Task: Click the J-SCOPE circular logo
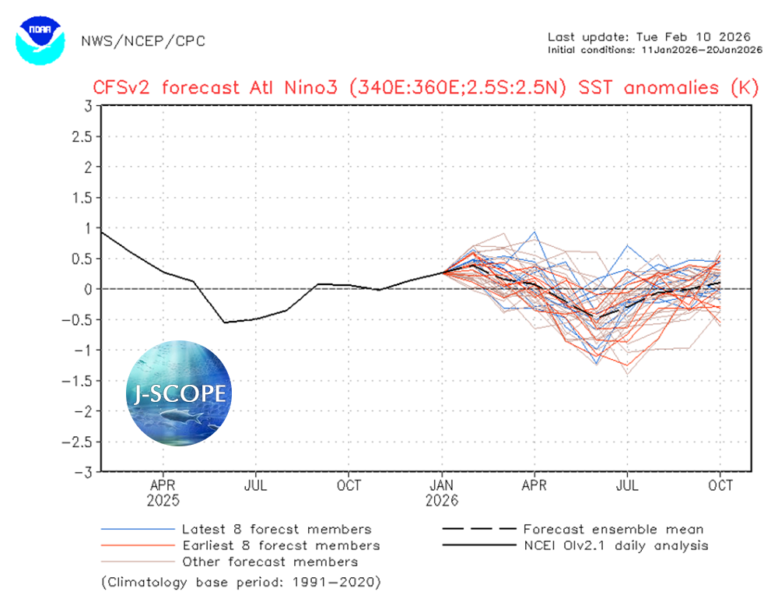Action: click(180, 392)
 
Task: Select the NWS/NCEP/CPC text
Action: click(143, 41)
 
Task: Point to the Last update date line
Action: click(648, 37)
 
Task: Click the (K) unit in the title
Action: click(744, 86)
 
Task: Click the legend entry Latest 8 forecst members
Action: click(276, 530)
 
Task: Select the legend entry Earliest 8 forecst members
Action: click(281, 545)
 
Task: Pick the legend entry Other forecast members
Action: click(270, 561)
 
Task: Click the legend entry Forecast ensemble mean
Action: click(613, 530)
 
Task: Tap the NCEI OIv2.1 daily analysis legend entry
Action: click(615, 545)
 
